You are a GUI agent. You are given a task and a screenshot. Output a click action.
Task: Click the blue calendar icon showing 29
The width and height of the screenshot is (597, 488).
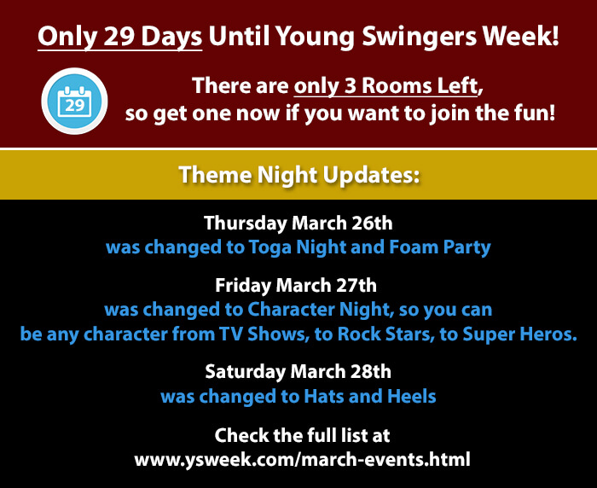point(74,101)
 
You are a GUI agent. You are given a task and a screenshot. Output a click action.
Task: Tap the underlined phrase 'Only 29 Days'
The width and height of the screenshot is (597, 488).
point(120,37)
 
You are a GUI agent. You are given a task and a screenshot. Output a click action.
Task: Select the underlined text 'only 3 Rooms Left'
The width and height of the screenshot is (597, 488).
point(385,86)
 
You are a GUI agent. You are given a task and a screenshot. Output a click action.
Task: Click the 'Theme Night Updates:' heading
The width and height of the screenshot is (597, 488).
point(299,175)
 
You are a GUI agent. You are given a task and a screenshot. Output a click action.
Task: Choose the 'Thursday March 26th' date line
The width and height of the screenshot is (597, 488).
point(298,224)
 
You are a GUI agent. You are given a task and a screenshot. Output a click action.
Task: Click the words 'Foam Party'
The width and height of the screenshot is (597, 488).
point(440,247)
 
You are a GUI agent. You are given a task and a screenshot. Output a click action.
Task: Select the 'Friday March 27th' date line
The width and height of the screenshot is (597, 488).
point(296,285)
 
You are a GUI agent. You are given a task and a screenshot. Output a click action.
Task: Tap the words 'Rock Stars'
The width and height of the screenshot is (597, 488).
point(385,334)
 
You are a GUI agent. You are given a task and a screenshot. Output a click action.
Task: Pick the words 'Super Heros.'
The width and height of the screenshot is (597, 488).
point(519,334)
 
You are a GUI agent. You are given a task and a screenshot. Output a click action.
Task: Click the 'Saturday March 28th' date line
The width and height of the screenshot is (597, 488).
point(298,371)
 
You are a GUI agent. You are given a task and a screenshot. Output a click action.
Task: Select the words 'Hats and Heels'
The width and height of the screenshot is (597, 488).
point(370,396)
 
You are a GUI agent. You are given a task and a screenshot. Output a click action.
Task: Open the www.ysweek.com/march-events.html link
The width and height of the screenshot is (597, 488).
point(302,459)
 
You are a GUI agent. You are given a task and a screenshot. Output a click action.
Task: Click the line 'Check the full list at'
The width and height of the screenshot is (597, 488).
point(302,435)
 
